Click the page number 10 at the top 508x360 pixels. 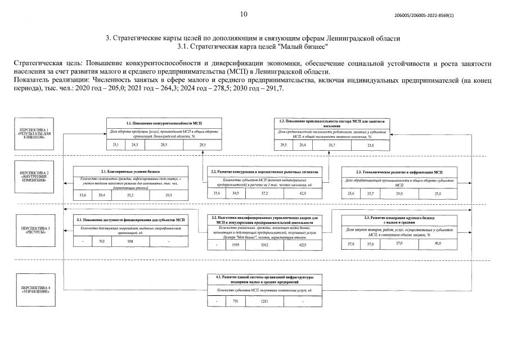coord(243,14)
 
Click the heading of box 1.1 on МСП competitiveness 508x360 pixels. coord(160,122)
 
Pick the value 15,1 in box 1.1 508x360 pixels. coord(116,145)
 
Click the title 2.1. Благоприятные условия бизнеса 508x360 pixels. coord(130,171)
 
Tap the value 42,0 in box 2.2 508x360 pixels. coord(302,193)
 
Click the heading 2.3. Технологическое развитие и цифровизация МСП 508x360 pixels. coord(399,171)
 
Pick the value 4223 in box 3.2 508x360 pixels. coord(303,245)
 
